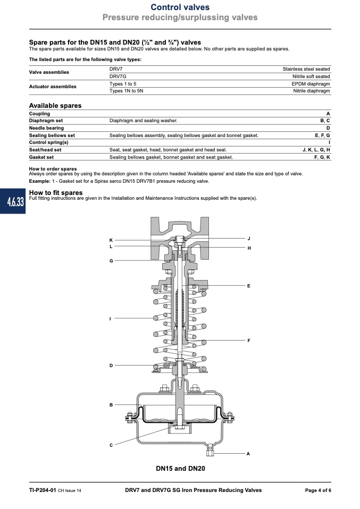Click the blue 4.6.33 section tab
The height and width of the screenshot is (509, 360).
pyautogui.click(x=13, y=201)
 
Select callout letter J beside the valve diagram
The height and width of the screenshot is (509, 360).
pyautogui.click(x=249, y=239)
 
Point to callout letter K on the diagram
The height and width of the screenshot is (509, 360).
pyautogui.click(x=111, y=240)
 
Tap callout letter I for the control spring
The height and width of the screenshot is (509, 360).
pyautogui.click(x=110, y=319)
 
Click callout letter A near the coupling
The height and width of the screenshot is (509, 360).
pyautogui.click(x=248, y=454)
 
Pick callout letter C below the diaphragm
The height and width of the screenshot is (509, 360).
pyautogui.click(x=111, y=445)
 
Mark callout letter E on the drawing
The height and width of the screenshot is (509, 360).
pyautogui.click(x=249, y=286)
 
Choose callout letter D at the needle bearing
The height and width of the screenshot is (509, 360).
pyautogui.click(x=111, y=366)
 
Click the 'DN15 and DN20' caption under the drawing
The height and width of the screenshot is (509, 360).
pyautogui.click(x=180, y=469)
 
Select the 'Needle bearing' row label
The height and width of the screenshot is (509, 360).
pyautogui.click(x=46, y=128)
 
